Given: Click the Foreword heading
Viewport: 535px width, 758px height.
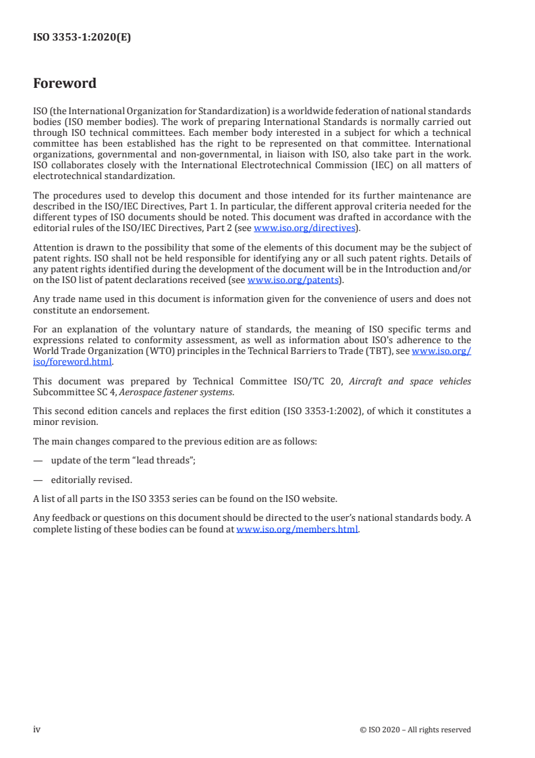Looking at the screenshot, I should pyautogui.click(x=65, y=84).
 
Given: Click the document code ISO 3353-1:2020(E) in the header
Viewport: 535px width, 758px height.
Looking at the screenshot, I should pyautogui.click(x=82, y=38).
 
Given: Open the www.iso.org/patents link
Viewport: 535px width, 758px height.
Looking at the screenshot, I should pyautogui.click(x=293, y=280).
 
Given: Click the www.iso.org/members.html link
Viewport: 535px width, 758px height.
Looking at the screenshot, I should pyautogui.click(x=297, y=530).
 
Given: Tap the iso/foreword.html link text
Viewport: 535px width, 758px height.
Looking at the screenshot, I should pyautogui.click(x=72, y=361).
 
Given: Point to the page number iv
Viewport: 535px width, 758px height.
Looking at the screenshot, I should pyautogui.click(x=37, y=730).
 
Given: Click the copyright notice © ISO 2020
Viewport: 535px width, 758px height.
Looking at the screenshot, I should pyautogui.click(x=416, y=730).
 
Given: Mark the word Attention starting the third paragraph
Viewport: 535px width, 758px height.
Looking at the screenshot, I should pyautogui.click(x=53, y=249).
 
